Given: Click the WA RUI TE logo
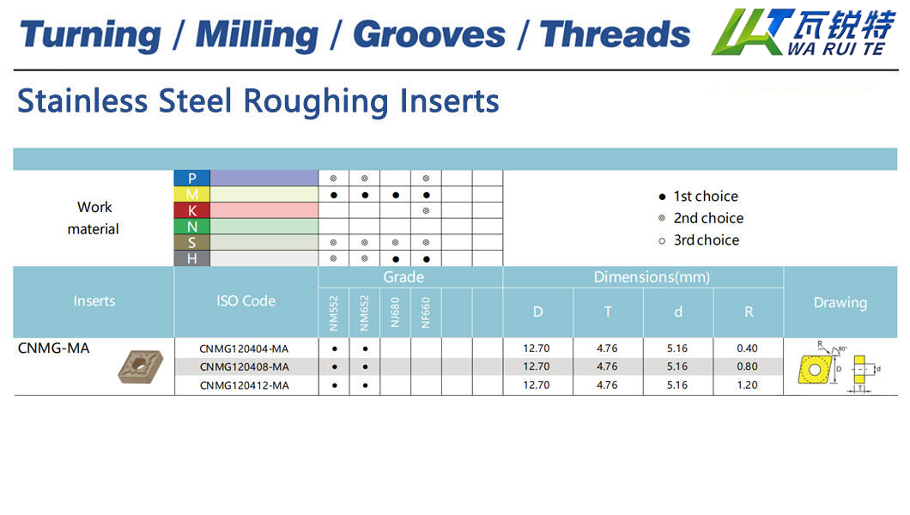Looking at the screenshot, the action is (804, 32).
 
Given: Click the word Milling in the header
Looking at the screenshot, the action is (257, 35).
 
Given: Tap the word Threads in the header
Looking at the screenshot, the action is (616, 34).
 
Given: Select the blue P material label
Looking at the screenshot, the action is (192, 178).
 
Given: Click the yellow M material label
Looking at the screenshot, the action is (192, 194).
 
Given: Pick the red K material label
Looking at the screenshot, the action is (192, 210).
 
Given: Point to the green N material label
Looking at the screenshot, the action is (192, 227).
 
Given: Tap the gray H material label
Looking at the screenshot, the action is (192, 258).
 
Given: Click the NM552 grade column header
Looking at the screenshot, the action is (334, 313).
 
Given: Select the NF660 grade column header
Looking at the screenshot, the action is (426, 313).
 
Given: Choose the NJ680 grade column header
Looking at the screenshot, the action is (395, 313).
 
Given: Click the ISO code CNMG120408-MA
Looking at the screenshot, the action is (245, 367).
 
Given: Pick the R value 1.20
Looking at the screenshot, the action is (748, 385).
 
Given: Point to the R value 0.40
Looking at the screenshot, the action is (748, 348).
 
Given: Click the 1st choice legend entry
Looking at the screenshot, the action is (699, 197).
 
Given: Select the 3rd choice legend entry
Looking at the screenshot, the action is (700, 240).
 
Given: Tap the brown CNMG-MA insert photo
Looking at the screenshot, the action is (141, 367).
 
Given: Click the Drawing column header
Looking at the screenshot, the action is (840, 303).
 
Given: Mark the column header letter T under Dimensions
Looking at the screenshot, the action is (608, 312).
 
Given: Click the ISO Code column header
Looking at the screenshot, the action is (246, 301).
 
